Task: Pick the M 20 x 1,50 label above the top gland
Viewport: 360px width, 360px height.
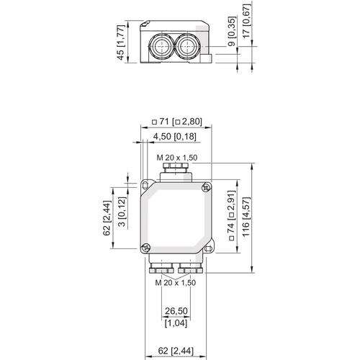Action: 177,158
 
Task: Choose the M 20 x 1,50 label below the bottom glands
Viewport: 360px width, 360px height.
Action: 176,282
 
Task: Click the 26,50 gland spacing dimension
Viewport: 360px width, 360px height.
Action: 176,311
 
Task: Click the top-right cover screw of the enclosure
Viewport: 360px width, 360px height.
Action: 205,187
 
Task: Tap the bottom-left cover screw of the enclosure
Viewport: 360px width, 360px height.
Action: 146,248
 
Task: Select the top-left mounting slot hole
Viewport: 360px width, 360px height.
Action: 145,185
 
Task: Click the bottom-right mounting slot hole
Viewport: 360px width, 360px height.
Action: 207,249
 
